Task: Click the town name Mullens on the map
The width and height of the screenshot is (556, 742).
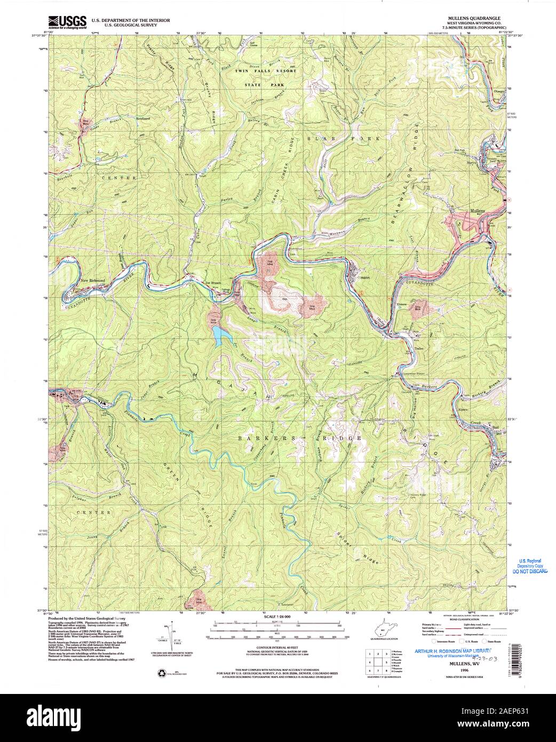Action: (477, 211)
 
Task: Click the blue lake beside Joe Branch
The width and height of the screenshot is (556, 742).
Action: (219, 335)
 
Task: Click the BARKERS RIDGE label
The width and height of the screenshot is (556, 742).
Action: (300, 438)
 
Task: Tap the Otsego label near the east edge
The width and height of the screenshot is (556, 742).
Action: (499, 90)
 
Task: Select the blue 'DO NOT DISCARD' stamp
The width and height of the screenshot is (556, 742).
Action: (530, 571)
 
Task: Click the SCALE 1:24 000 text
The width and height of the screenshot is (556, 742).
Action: (278, 617)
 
